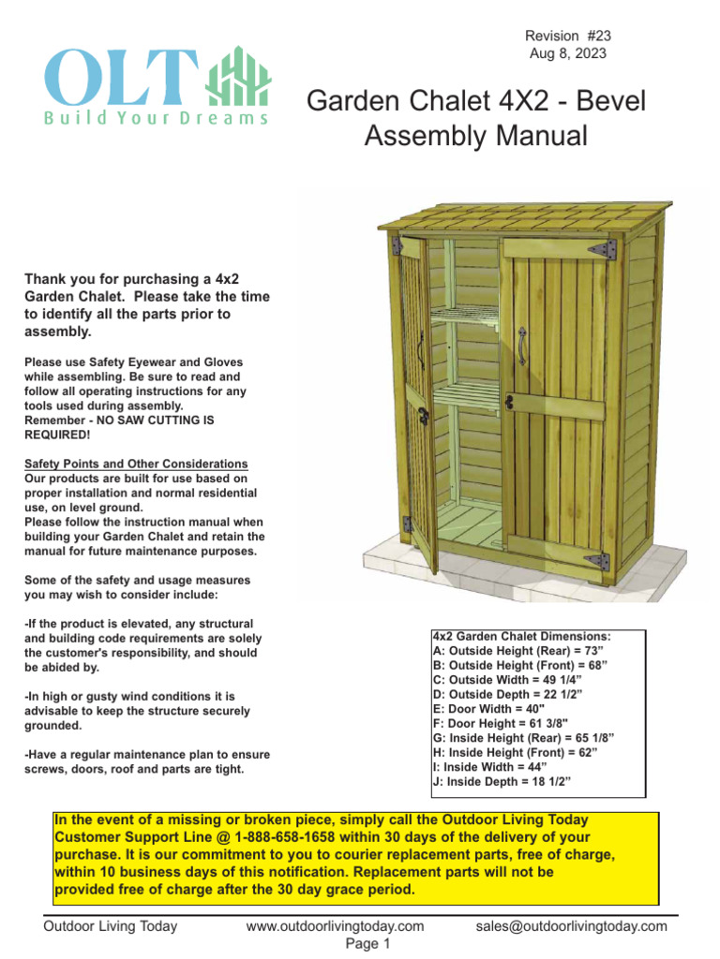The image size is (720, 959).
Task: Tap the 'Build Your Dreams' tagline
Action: click(156, 119)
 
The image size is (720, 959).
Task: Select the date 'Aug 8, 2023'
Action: click(568, 53)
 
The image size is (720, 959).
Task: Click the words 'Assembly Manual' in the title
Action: click(475, 137)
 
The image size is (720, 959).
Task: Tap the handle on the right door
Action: click(521, 347)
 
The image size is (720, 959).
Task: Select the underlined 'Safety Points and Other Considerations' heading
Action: click(136, 465)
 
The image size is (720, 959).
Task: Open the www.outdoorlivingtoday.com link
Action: click(335, 926)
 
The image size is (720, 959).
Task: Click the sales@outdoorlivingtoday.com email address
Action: click(571, 926)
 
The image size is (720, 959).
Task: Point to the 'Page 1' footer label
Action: click(367, 944)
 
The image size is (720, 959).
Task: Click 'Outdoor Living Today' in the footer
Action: click(111, 926)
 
